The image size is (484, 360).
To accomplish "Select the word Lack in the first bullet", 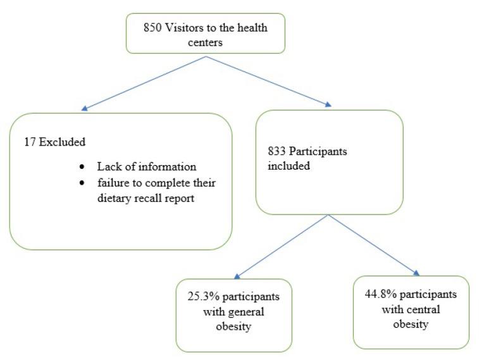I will click(x=108, y=167).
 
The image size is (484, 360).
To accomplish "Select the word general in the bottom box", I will click(x=247, y=312).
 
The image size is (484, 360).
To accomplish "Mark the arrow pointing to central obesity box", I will click(x=373, y=244).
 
